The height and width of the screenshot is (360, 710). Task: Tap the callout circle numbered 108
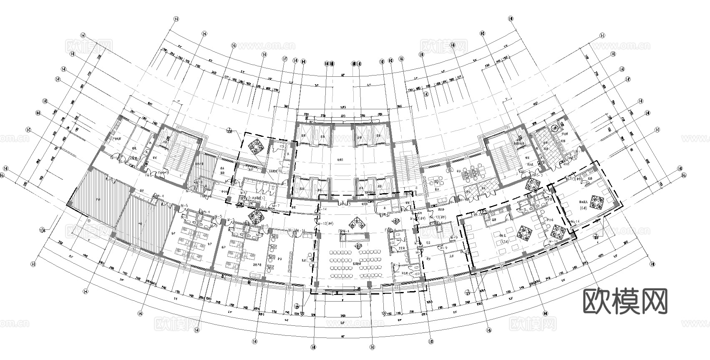tap(229, 132)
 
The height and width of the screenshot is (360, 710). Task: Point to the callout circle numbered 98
tap(297, 305)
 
